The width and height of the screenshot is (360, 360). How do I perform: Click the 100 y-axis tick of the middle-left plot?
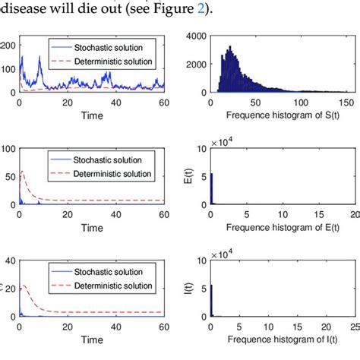tap(8, 147)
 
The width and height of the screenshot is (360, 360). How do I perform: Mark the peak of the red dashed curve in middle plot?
tap(23, 172)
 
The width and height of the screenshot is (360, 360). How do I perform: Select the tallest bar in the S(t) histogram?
tap(230, 49)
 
